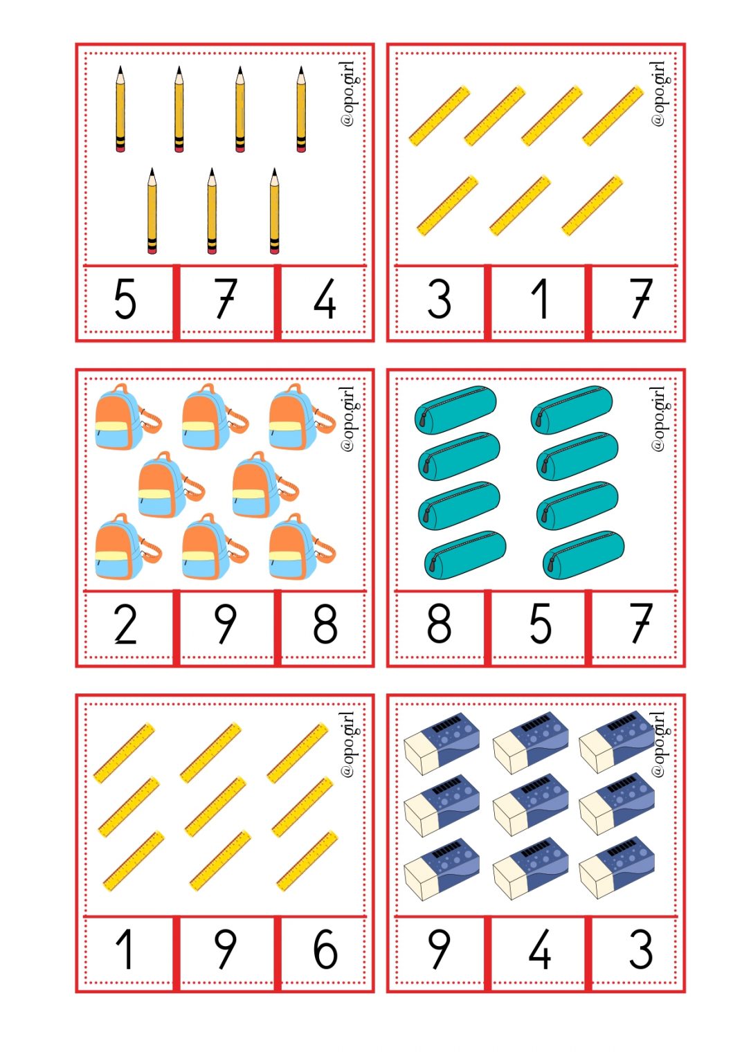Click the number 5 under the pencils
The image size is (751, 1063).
pyautogui.click(x=125, y=299)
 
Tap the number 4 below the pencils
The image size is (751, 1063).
pyautogui.click(x=325, y=299)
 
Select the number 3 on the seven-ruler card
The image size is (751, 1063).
pyautogui.click(x=439, y=299)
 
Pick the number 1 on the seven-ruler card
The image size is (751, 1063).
pyautogui.click(x=540, y=299)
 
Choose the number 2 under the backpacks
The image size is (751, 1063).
pyautogui.click(x=125, y=624)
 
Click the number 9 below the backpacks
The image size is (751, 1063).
pyautogui.click(x=225, y=624)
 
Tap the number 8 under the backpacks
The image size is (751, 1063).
pyautogui.click(x=325, y=624)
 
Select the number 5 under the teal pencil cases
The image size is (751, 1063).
pyautogui.click(x=540, y=624)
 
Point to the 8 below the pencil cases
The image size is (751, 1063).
pyautogui.click(x=439, y=624)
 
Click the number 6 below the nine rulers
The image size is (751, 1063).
pyautogui.click(x=325, y=950)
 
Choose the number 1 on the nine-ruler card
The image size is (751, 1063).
pyautogui.click(x=125, y=950)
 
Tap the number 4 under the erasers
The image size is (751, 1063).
pyautogui.click(x=540, y=950)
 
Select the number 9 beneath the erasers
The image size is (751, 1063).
pyautogui.click(x=439, y=950)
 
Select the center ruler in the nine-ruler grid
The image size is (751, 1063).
pyautogui.click(x=215, y=807)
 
